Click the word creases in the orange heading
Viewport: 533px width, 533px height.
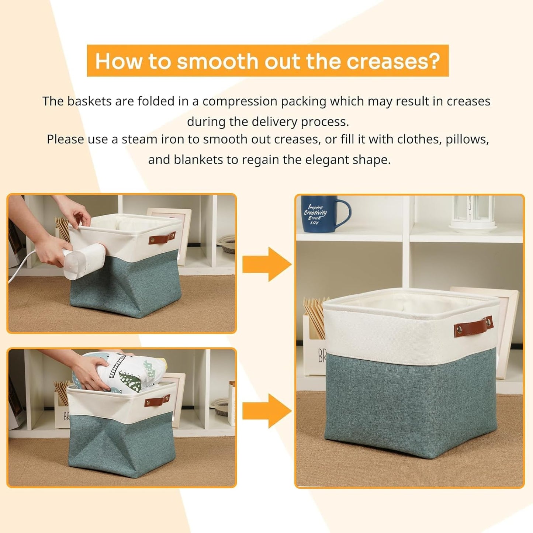[x=392, y=61]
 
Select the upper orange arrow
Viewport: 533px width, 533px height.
[x=267, y=264]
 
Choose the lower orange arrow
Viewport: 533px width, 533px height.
[x=267, y=411]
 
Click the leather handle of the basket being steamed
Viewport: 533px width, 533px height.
[x=162, y=238]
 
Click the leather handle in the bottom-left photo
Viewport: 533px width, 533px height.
[x=157, y=401]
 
